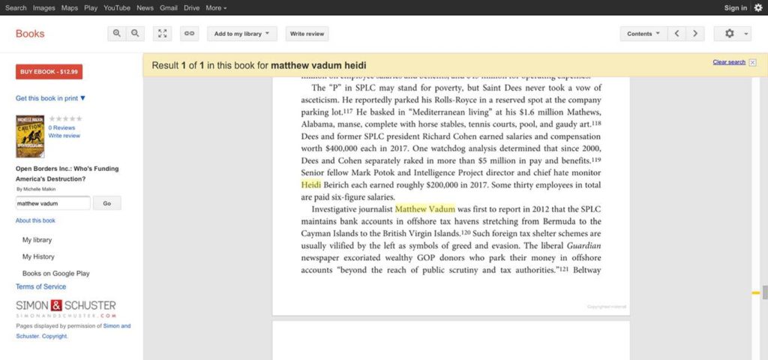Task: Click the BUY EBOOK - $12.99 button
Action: [49, 72]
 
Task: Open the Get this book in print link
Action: [50, 98]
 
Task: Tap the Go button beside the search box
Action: [106, 203]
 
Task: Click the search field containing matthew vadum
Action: [52, 203]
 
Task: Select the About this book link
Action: [35, 220]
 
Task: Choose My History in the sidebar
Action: [38, 256]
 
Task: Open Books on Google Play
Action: [56, 274]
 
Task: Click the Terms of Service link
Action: [40, 286]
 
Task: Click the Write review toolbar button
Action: [307, 34]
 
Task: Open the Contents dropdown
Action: [643, 34]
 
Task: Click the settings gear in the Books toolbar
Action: [730, 34]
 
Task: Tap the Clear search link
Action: [729, 62]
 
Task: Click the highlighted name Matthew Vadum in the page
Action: [424, 209]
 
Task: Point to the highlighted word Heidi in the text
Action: [310, 184]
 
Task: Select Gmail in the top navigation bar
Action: [168, 7]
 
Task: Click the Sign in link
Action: [735, 7]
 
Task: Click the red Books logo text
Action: [30, 34]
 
